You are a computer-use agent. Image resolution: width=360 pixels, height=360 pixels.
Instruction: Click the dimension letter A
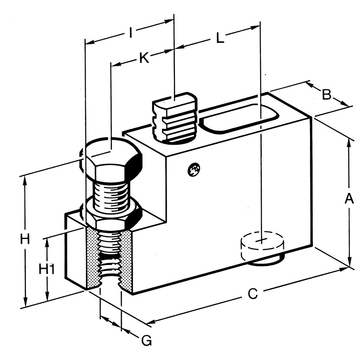(348, 198)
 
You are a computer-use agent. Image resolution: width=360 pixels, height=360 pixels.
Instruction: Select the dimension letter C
(253, 294)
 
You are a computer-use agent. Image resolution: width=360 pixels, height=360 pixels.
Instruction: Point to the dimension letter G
(146, 340)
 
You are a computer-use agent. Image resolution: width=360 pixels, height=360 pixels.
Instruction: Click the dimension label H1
(46, 269)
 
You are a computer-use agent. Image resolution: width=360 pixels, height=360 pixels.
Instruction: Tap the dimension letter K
(144, 58)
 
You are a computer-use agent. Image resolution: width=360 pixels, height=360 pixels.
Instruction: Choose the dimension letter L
(220, 38)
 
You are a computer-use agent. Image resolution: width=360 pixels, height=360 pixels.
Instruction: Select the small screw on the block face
(194, 169)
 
